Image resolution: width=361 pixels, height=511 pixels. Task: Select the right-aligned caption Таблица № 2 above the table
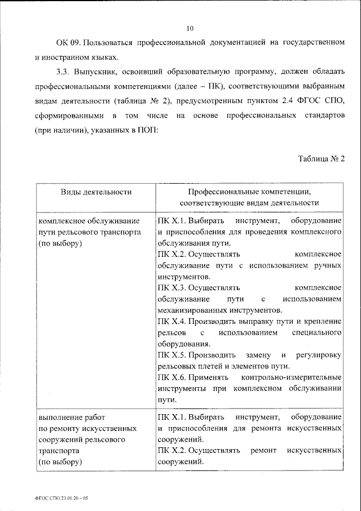click(322, 158)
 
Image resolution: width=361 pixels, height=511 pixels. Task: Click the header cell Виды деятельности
click(96, 192)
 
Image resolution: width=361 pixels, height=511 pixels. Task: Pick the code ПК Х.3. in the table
click(171, 287)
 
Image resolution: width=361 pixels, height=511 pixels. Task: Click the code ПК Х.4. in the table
click(171, 321)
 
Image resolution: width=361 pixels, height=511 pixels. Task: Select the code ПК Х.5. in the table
click(171, 355)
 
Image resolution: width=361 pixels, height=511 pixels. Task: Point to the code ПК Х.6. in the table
click(171, 377)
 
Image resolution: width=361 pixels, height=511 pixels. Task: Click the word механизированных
click(195, 310)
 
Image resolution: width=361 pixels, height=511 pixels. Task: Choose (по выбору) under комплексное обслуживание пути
click(60, 243)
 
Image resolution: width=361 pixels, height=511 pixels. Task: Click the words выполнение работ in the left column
click(66, 417)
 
